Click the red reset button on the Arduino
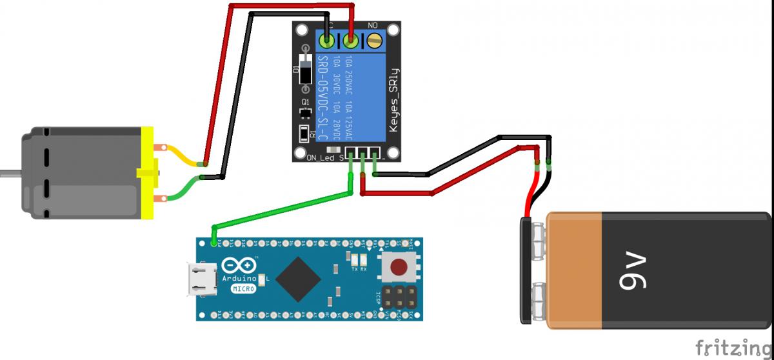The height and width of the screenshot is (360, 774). pos(399,266)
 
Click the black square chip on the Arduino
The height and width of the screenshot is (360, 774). pos(298,279)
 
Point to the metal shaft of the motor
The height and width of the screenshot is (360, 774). pos(9,172)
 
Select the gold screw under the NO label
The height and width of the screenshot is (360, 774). pos(374,43)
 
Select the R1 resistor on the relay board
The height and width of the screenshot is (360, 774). pos(305,134)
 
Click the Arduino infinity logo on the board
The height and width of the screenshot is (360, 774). pos(238,266)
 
